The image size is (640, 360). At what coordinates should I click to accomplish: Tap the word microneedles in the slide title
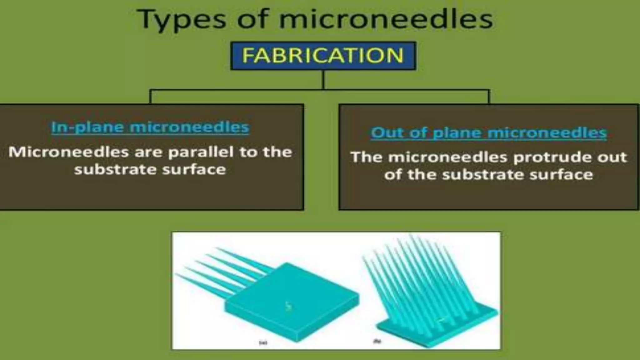tap(386, 19)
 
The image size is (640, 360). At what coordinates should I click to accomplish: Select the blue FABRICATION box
tap(323, 56)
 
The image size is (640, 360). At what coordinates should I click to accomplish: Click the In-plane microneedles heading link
tap(150, 127)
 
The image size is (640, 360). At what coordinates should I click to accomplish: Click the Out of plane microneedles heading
tap(489, 132)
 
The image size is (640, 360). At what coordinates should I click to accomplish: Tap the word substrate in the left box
tap(115, 170)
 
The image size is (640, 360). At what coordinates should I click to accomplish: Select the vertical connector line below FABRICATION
tap(323, 80)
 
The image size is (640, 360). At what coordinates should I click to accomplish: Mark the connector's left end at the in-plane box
tap(151, 97)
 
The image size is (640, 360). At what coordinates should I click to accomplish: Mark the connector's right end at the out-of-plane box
tap(489, 97)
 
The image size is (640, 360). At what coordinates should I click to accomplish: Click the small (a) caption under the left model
tap(263, 343)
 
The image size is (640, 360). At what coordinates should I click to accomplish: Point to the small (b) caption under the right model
tap(377, 341)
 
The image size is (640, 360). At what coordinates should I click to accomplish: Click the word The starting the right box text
tap(366, 157)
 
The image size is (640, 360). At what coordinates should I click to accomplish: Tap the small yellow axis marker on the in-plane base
tap(288, 307)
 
